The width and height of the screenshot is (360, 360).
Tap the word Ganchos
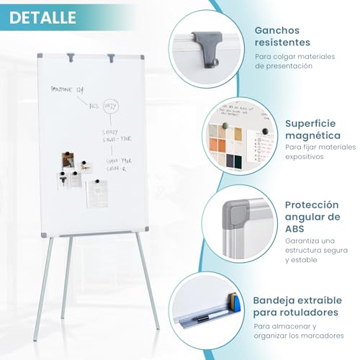[278, 31]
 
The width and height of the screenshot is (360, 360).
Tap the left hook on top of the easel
[71, 56]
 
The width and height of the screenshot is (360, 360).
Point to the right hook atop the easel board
[111, 56]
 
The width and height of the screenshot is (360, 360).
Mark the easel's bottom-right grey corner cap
[145, 230]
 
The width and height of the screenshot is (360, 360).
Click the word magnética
[312, 135]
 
